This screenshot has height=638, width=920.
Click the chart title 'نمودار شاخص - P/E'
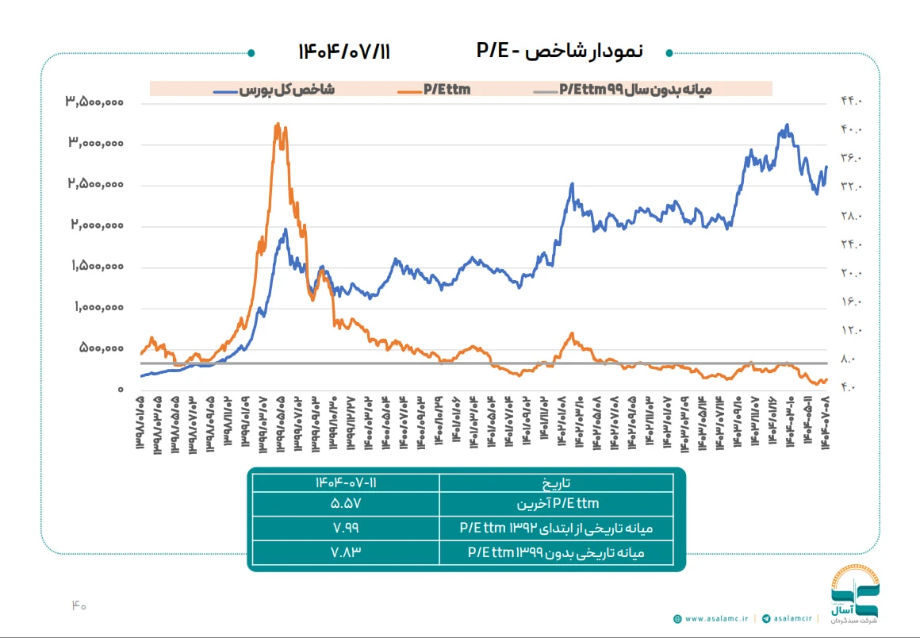pos(560,52)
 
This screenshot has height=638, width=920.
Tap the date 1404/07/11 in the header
pos(344,52)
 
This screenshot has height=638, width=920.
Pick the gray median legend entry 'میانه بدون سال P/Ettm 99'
pos(634,90)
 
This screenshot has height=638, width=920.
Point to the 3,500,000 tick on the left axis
pos(94,102)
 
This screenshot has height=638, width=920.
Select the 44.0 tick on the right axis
pos(850,102)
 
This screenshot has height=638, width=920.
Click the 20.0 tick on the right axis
pos(850,274)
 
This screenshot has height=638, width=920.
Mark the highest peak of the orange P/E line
pos(277,125)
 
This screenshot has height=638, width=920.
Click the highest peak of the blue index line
pos(787,125)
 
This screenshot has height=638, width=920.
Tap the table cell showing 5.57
pos(344,504)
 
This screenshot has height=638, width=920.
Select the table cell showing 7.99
pos(344,527)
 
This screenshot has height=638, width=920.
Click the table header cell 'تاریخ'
pos(556,482)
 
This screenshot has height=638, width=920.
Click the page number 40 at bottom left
pos(78,605)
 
